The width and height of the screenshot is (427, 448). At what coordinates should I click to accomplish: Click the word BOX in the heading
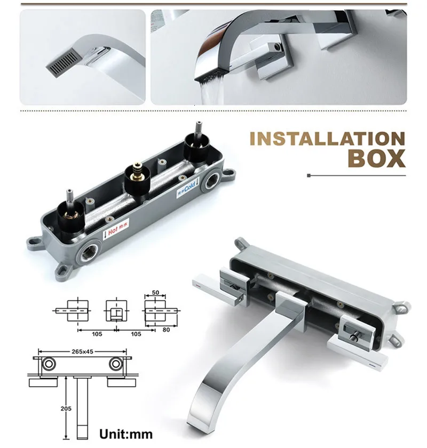[376, 159]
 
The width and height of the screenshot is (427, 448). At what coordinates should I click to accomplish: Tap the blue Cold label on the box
[187, 189]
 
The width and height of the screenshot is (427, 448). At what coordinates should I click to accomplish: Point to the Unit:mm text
[126, 434]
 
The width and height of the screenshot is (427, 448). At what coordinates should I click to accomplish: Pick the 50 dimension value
[155, 293]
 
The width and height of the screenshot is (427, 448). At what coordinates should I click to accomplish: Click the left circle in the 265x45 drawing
[48, 365]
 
